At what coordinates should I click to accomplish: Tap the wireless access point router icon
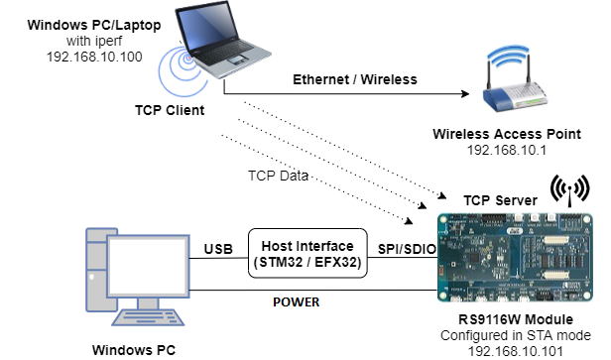[x=514, y=84]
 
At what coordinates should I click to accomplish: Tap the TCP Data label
[x=279, y=176]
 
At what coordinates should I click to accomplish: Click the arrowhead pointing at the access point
[x=462, y=96]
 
